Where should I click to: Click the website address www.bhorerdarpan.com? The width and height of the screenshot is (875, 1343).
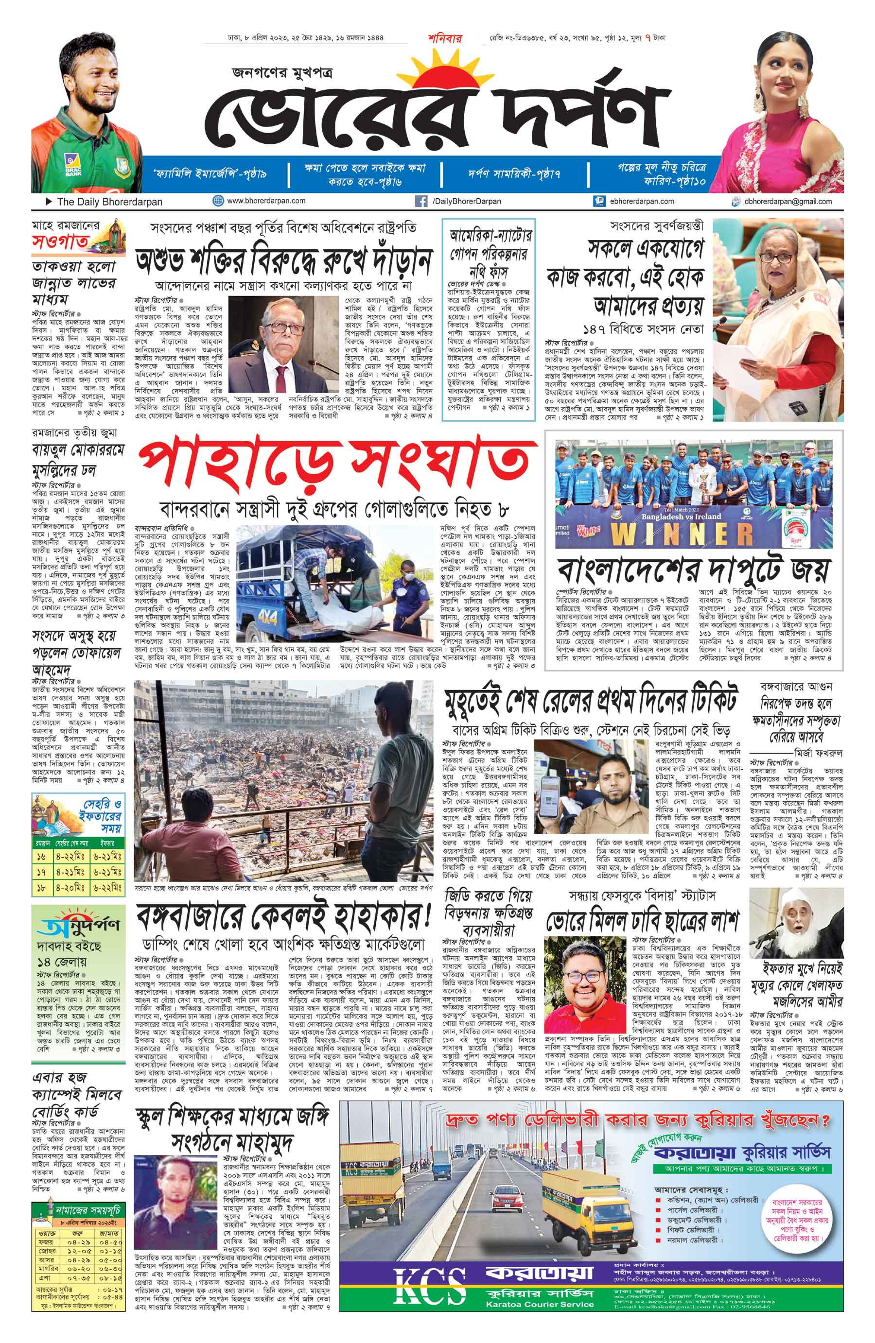click(x=266, y=200)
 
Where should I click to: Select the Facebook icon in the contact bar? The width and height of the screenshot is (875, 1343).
click(x=420, y=201)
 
